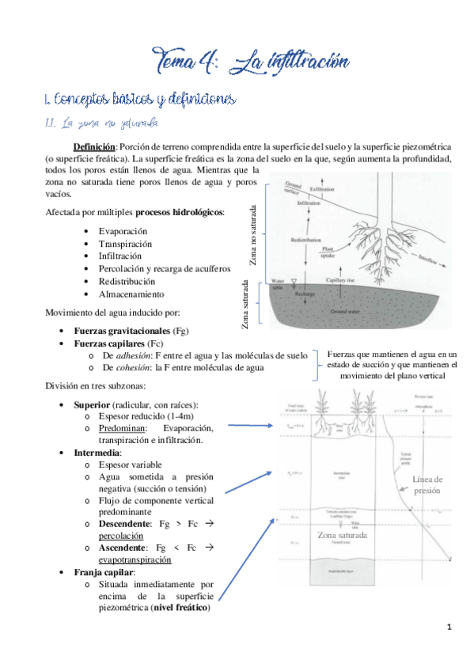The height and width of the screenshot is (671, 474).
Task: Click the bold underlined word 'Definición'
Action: point(94,146)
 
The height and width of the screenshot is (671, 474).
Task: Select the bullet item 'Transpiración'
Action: point(126,244)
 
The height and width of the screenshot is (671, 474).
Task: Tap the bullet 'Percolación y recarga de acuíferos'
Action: point(164,269)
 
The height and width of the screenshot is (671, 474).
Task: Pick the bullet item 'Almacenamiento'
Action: point(131,294)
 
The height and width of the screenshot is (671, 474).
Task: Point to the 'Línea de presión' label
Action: point(428,485)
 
